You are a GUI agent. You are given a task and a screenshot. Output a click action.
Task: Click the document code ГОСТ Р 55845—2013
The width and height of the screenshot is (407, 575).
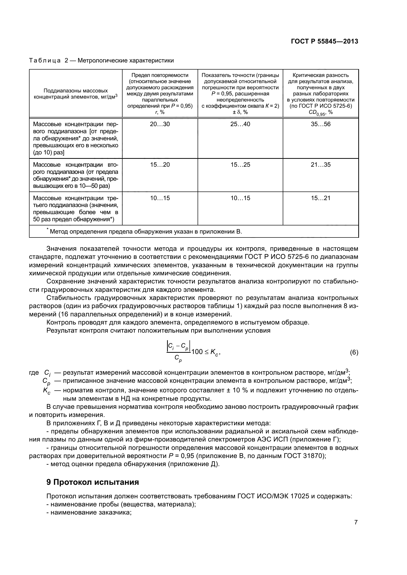pos(324,42)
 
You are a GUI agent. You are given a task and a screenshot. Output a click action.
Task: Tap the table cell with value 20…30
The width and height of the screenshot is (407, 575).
pos(160,124)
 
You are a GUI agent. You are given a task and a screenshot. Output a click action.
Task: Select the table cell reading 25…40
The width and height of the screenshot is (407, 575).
pos(240,124)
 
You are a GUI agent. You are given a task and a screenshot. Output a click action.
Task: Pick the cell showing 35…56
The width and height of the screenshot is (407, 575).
pos(321,124)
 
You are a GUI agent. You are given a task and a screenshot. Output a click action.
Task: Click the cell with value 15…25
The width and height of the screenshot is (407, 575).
pos(240,165)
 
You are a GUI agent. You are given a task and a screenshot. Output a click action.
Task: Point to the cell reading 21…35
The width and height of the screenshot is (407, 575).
pos(321,165)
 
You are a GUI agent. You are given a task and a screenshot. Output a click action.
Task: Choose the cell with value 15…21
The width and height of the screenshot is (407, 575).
pos(321,198)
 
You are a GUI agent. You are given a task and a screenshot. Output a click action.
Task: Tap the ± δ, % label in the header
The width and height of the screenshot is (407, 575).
pos(240,112)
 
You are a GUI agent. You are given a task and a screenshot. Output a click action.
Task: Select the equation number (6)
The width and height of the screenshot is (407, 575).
pos(354,353)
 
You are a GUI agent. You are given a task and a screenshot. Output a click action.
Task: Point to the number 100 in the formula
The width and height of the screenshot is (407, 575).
pos(197,352)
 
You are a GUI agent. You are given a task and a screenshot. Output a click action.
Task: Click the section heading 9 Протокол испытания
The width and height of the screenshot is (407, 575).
pos(93,482)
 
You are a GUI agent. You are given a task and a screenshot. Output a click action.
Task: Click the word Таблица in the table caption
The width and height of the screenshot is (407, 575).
pos(45,61)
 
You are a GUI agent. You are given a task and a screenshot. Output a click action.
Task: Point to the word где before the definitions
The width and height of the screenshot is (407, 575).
pos(34,373)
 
